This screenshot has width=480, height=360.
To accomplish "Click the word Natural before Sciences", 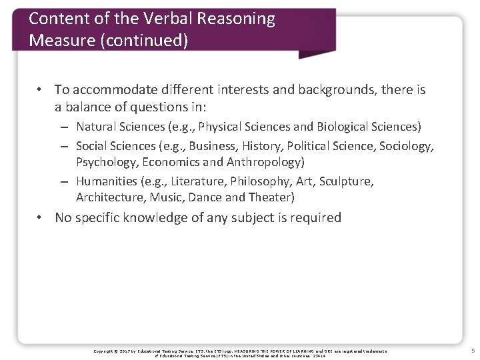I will coord(97,127).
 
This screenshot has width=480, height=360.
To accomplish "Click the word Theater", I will coord(270,197).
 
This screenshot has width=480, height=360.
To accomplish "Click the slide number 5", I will coord(472,350).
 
